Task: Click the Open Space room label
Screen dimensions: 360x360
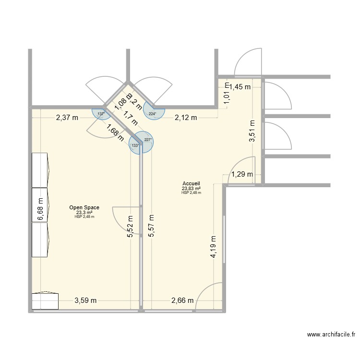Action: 84,207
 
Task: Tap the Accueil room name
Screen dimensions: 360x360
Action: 191,184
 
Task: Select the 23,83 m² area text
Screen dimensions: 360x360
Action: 191,189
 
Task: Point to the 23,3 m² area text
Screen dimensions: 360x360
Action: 84,212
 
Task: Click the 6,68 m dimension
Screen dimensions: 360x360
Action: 40,210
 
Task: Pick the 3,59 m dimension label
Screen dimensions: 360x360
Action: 85,301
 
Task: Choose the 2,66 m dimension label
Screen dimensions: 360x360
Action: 182,301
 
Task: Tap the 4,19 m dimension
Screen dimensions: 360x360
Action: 214,247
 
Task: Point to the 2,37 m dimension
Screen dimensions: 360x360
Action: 67,118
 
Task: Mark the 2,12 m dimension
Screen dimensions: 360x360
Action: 186,118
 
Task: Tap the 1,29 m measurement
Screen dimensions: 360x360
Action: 242,175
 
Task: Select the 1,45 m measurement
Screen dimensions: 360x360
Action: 240,87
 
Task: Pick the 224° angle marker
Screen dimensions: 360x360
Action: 153,114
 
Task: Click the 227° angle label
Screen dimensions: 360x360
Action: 148,140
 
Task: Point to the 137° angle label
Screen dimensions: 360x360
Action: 101,114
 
